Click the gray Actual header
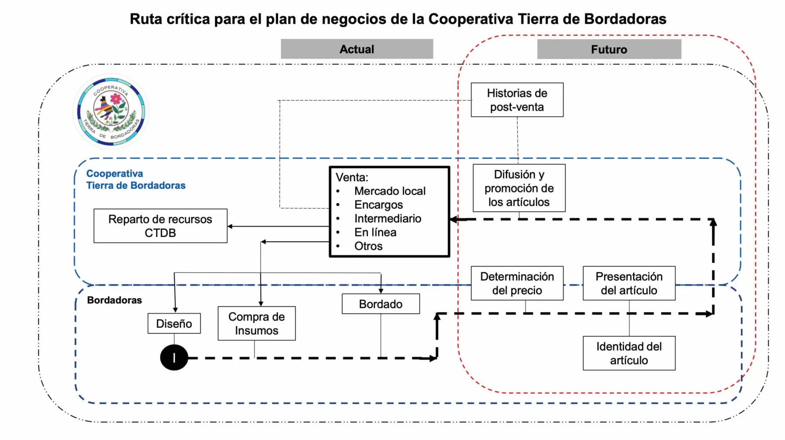[x=357, y=49]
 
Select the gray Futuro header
[x=609, y=49]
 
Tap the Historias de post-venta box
[x=517, y=100]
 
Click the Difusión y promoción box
[x=519, y=188]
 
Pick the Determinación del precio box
[x=517, y=283]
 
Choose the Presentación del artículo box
[x=629, y=283]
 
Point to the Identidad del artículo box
[x=629, y=353]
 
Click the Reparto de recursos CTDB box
[x=160, y=226]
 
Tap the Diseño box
[x=174, y=323]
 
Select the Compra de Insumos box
[x=256, y=323]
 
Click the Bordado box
[x=380, y=304]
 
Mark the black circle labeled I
[x=174, y=358]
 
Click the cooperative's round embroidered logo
[x=111, y=112]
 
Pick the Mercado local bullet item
[x=389, y=191]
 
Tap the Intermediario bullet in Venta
[x=387, y=218]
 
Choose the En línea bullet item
[x=375, y=232]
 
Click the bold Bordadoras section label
[x=114, y=300]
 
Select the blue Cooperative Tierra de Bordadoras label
[x=135, y=179]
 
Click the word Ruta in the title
[x=146, y=19]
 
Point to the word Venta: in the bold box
[x=352, y=177]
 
